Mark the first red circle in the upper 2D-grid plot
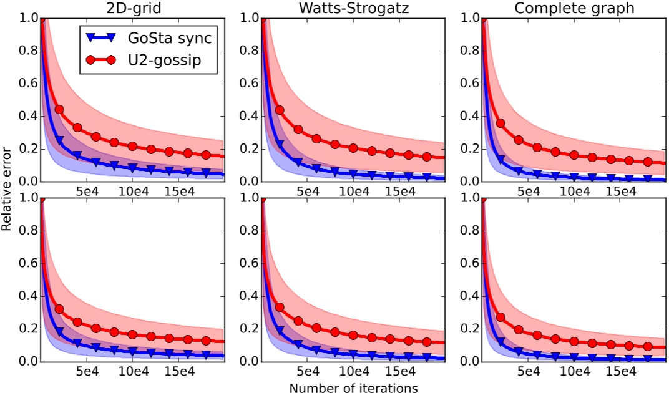point(59,109)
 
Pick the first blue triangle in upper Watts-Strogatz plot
point(280,144)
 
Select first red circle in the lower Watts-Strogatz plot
point(280,308)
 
